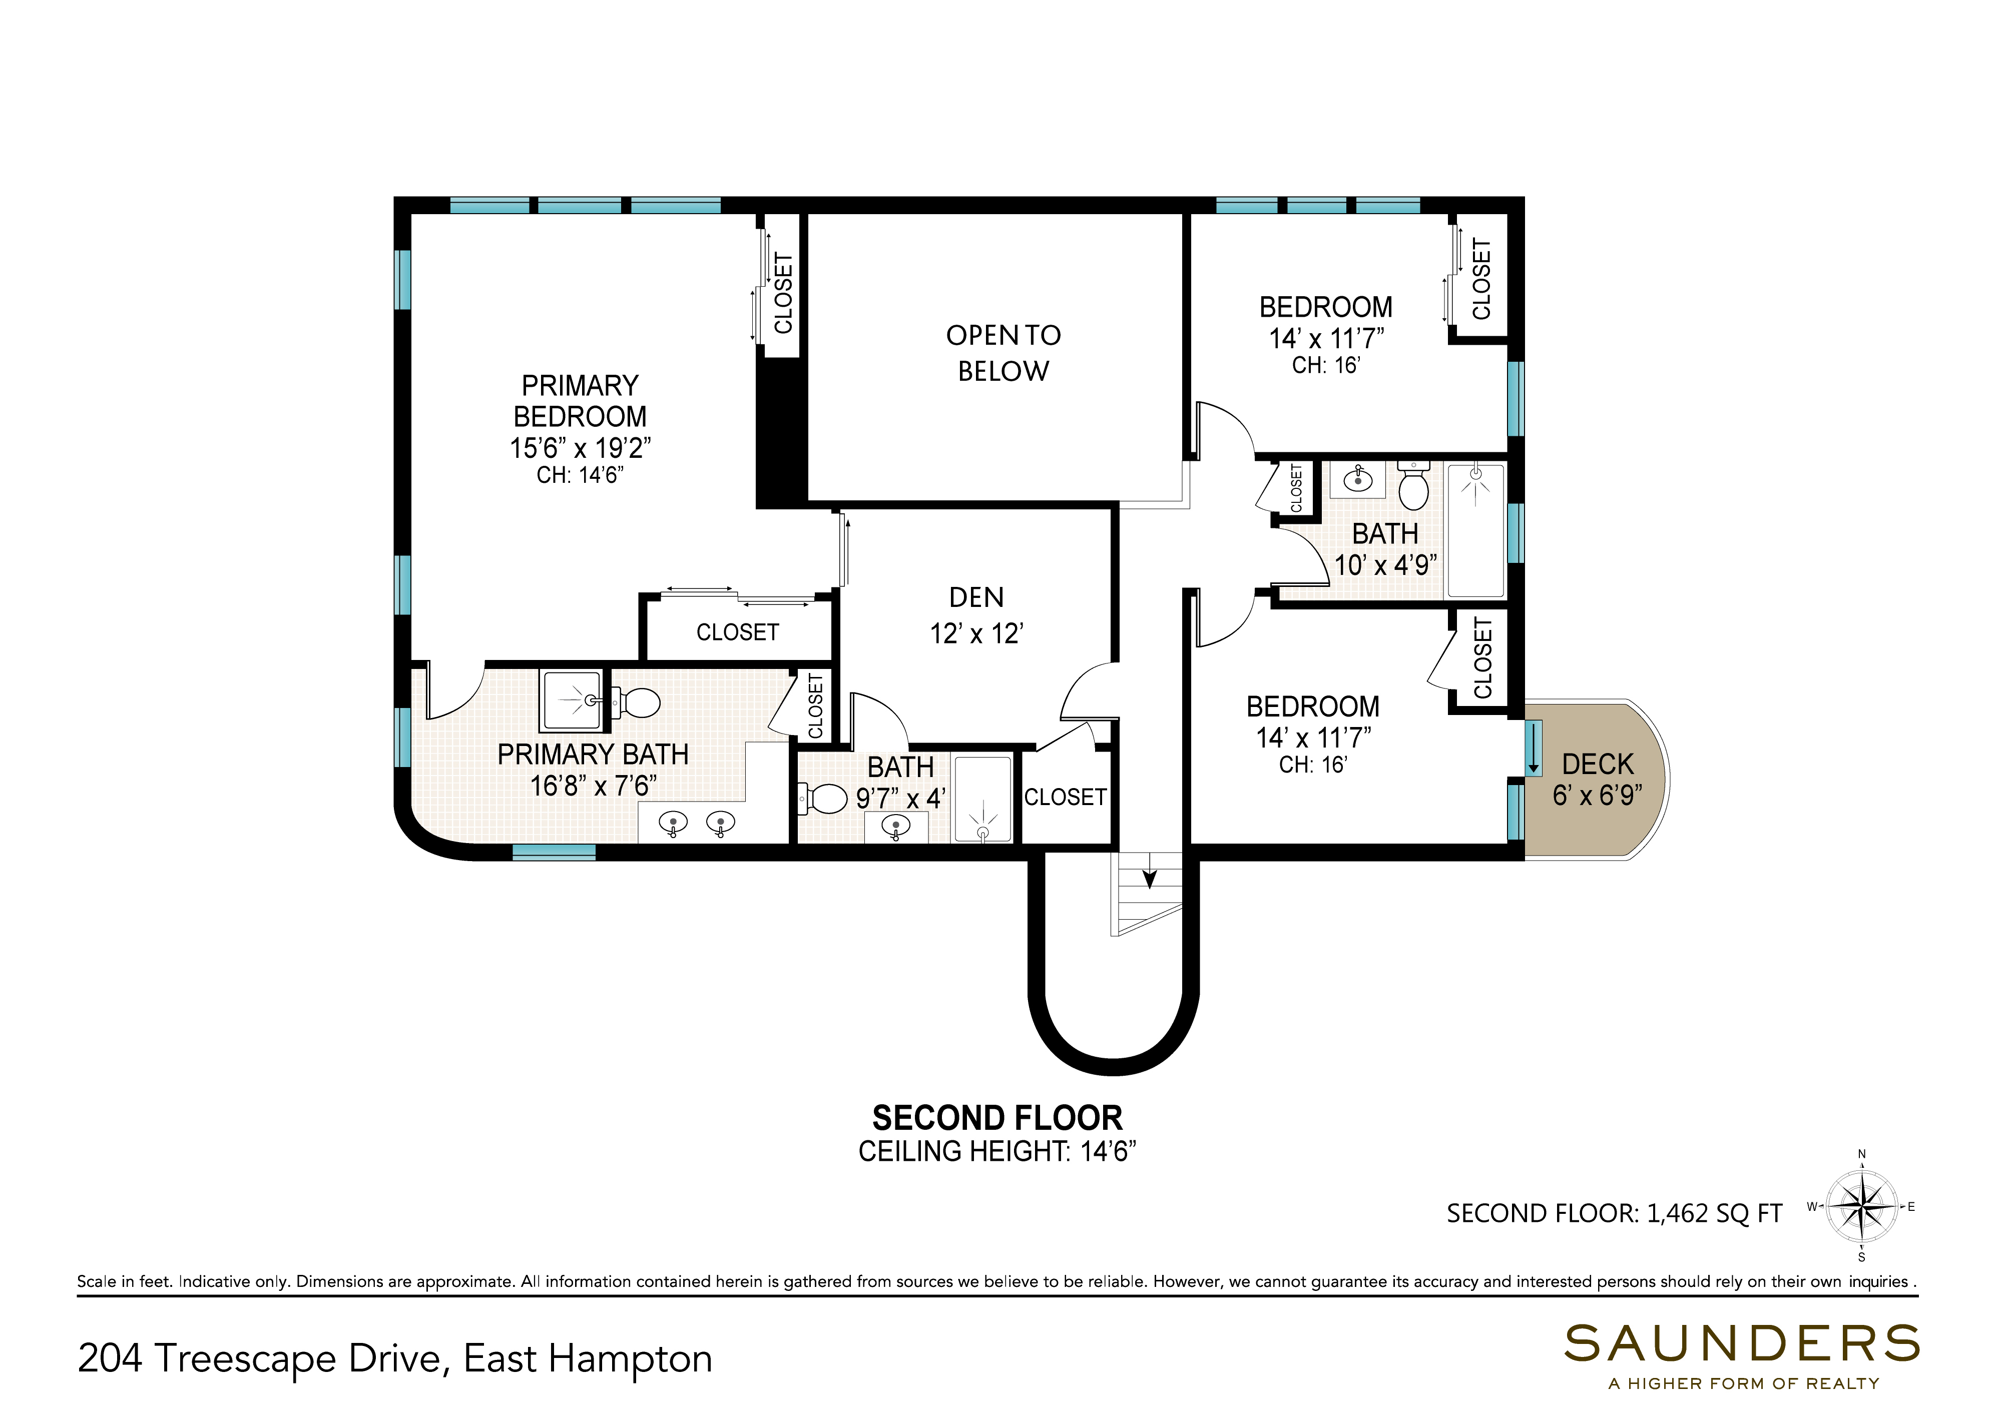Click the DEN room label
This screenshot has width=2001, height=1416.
pos(976,597)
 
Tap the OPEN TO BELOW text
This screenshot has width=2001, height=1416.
pos(1003,353)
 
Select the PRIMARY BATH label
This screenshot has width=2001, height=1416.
pos(593,754)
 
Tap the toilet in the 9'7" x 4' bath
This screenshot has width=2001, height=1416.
pos(822,798)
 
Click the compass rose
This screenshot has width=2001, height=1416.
pos(1861,1207)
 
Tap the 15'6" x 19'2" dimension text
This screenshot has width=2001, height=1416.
pos(580,448)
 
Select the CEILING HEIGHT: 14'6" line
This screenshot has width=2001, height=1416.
pos(997,1152)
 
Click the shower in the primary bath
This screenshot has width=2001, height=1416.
pos(572,700)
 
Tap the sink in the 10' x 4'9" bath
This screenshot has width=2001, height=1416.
pos(1356,479)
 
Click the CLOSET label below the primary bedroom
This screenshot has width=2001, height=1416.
pos(737,632)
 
